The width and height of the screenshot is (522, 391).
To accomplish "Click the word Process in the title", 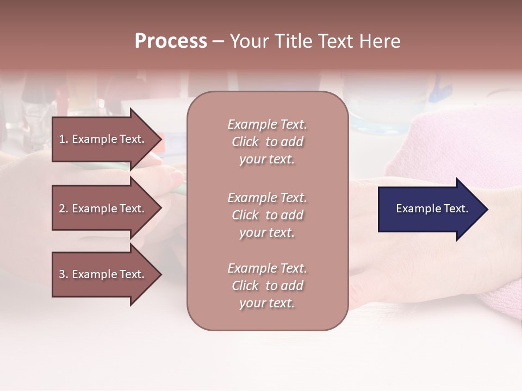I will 171,41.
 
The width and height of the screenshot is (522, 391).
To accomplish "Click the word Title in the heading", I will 293,41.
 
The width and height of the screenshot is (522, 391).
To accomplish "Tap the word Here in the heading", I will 380,41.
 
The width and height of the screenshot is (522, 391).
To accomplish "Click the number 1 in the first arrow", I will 62,139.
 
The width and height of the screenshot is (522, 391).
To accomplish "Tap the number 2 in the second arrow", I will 62,209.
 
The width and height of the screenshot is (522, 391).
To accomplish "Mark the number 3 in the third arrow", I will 62,274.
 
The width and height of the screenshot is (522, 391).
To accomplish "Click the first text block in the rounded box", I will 267,142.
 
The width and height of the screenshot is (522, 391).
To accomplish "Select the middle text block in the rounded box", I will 267,215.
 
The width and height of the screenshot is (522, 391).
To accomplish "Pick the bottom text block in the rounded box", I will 267,286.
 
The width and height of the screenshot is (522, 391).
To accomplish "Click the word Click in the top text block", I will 245,142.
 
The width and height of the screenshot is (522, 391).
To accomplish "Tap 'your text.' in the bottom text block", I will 267,303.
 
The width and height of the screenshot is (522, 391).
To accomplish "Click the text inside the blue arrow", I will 432,209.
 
